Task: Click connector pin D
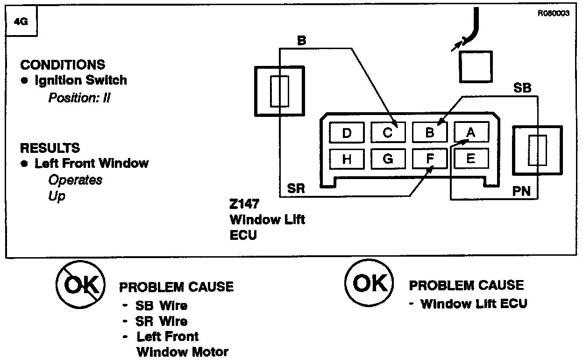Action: [x=346, y=132]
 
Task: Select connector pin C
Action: [x=388, y=132]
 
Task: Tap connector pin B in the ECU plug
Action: [x=430, y=132]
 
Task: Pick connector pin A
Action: [x=471, y=132]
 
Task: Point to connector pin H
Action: [x=346, y=158]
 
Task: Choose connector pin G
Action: [x=388, y=158]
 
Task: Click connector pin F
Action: [x=430, y=158]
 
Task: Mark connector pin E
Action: [x=471, y=158]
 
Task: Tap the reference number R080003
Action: [x=554, y=14]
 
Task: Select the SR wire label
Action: [x=296, y=189]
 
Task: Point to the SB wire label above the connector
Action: [x=522, y=88]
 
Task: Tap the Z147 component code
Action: [x=244, y=205]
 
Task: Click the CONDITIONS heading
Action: [x=63, y=65]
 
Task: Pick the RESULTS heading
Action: [x=50, y=148]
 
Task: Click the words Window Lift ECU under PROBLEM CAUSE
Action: [x=474, y=304]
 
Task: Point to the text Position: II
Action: [x=79, y=98]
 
